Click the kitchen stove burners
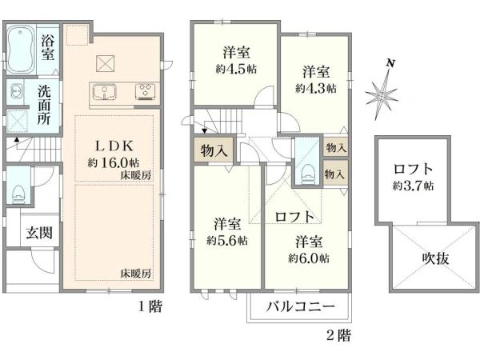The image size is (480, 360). coord(146,90)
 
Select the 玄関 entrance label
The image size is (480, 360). coord(38,233)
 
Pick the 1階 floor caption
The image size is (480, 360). coord(150,306)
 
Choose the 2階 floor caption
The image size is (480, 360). coord(338,335)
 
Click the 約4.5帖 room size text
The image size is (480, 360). coord(234,69)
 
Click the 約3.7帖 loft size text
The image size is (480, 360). coord(414,186)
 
